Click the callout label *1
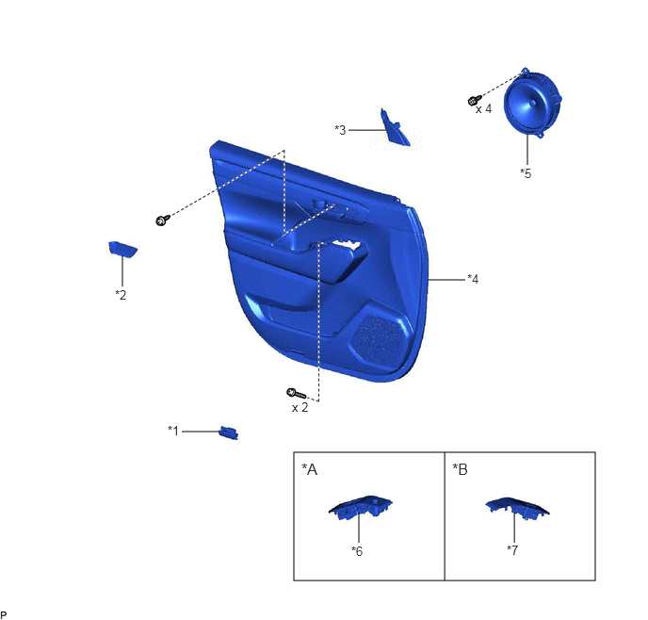tap(173, 431)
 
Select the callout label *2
tap(121, 295)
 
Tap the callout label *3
tap(340, 130)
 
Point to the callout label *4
tap(473, 279)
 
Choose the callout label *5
tap(526, 173)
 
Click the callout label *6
tap(357, 551)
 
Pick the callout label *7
tap(512, 550)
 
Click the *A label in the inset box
tap(310, 469)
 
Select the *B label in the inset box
tap(460, 469)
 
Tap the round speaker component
tap(532, 104)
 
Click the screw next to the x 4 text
tap(475, 100)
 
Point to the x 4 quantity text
tap(483, 108)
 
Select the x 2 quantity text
tap(300, 408)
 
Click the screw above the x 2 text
tap(297, 394)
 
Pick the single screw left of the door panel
tap(163, 220)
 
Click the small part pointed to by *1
tap(229, 432)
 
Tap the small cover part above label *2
tap(122, 249)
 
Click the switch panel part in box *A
tap(361, 507)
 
